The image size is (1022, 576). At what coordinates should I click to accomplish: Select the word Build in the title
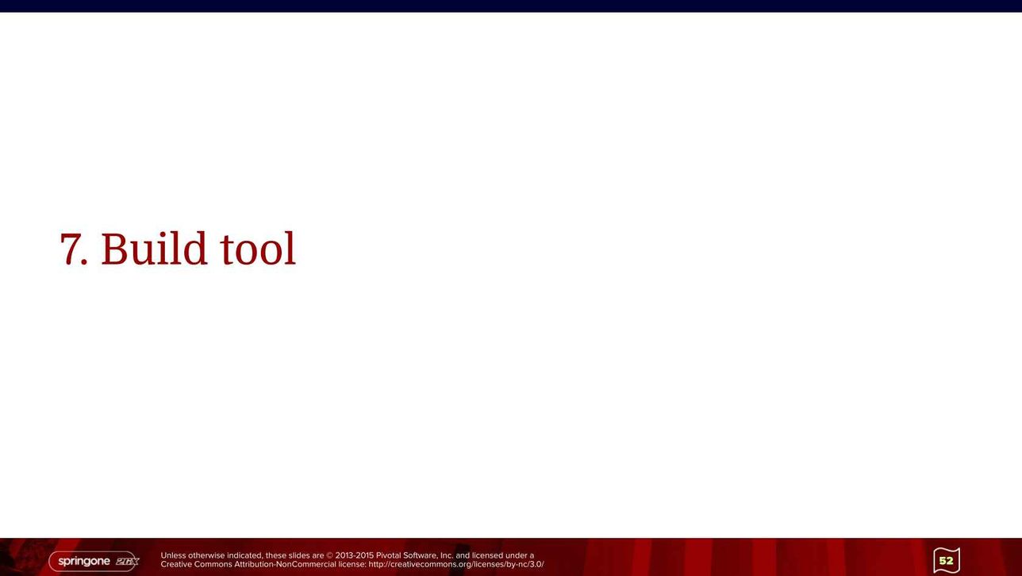tap(154, 248)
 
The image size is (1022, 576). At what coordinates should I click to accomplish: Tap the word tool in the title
tap(258, 249)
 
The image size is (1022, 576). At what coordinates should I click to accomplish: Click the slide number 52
tap(946, 560)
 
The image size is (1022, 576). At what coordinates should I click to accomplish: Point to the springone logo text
tap(84, 562)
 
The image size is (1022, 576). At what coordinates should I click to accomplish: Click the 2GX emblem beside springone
tap(127, 562)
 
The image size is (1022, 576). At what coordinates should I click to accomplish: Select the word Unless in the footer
tap(173, 555)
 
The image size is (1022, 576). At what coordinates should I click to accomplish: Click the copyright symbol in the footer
tap(329, 555)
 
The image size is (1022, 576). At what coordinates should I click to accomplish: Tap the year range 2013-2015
tap(355, 555)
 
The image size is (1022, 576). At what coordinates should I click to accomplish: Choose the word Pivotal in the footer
tap(388, 555)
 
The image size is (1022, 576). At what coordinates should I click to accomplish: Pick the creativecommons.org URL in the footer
tap(456, 565)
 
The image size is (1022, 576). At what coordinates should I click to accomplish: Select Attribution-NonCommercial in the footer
tap(285, 565)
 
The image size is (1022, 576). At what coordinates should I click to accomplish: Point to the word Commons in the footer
tap(217, 565)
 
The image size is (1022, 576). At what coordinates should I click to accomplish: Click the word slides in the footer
tap(298, 555)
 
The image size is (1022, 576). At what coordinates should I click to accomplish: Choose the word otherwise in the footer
tap(206, 555)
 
